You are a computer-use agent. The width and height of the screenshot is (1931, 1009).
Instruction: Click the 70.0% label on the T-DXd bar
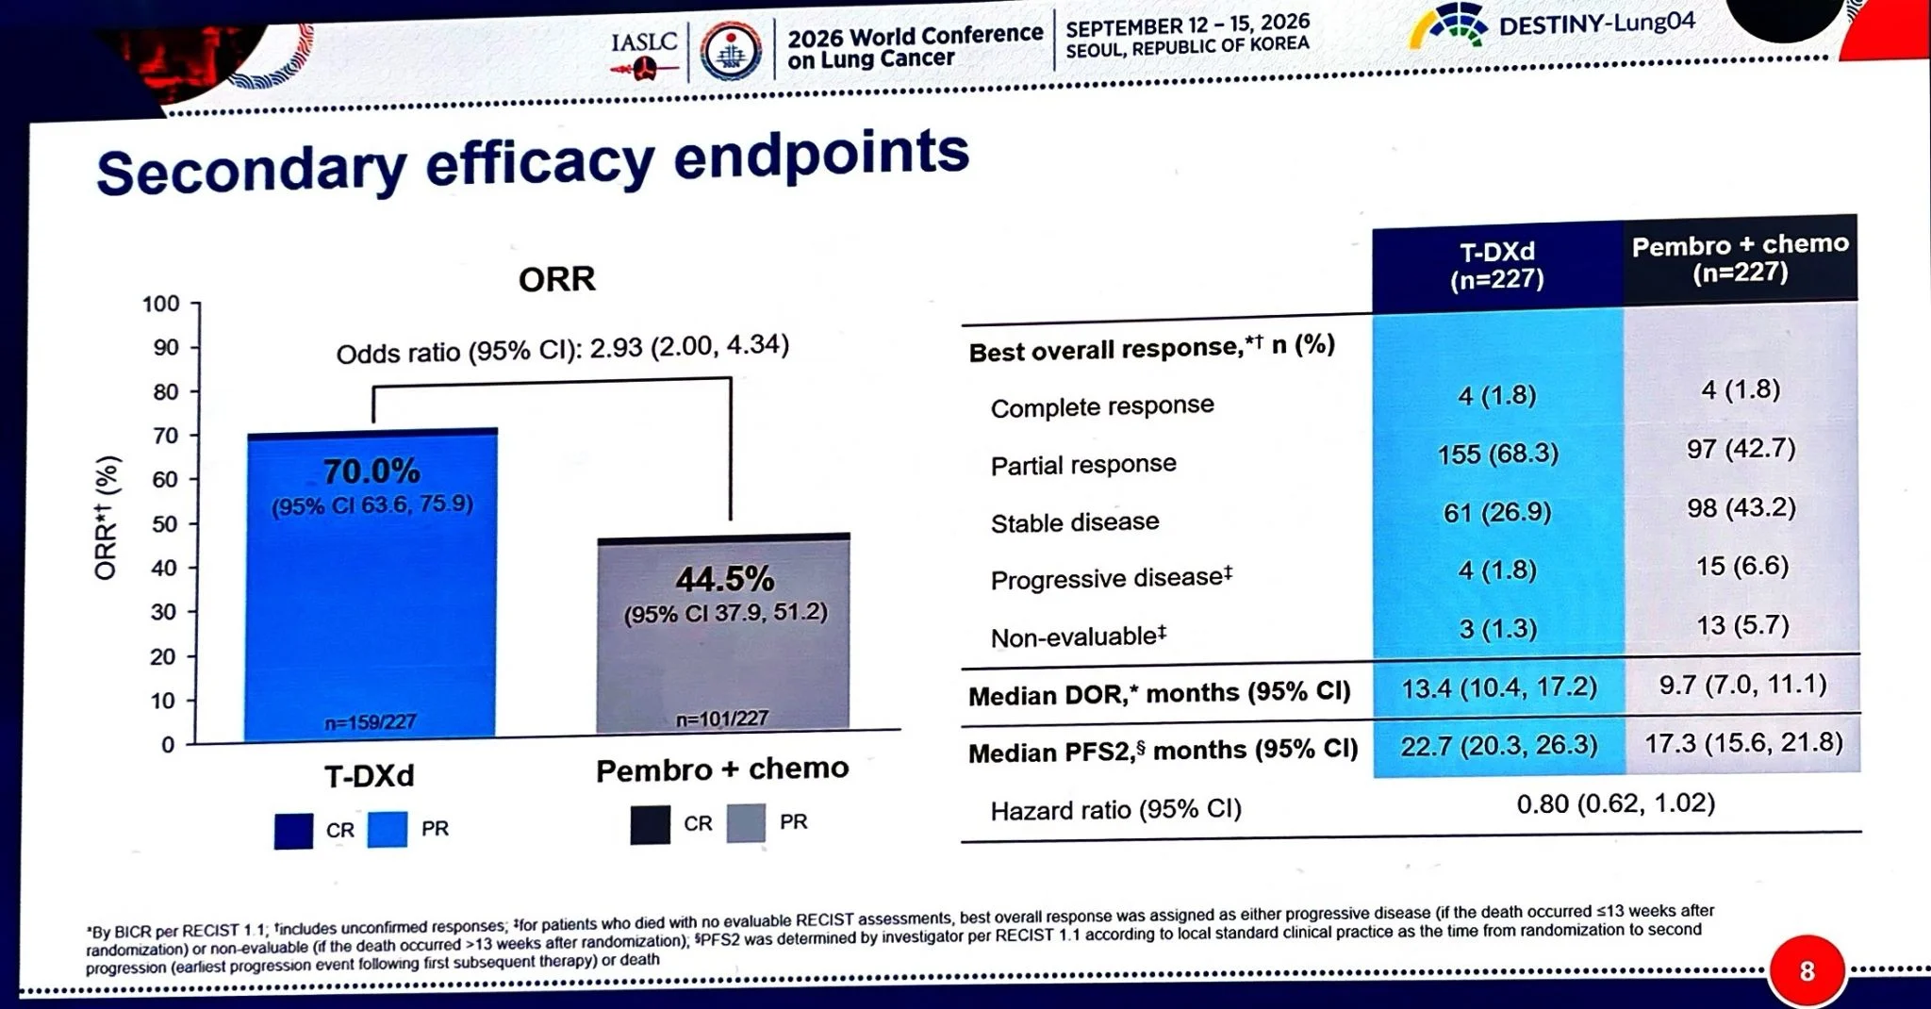pyautogui.click(x=371, y=471)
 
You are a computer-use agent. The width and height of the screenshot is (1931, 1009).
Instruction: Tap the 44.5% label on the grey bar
pyautogui.click(x=725, y=578)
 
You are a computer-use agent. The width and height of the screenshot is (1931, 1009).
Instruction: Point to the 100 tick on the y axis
pyautogui.click(x=160, y=304)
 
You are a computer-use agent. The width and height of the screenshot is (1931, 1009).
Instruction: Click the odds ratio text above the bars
pyautogui.click(x=563, y=349)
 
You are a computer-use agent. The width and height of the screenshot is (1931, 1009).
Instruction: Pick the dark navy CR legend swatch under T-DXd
pyautogui.click(x=293, y=831)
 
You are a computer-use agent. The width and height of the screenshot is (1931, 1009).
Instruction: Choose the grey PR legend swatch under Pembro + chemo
pyautogui.click(x=746, y=823)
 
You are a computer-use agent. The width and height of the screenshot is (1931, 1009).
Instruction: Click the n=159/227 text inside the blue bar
pyautogui.click(x=371, y=722)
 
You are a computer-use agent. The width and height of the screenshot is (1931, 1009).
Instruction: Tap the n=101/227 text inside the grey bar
pyautogui.click(x=722, y=719)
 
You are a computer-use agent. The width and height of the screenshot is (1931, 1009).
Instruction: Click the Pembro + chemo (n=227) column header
pyautogui.click(x=1741, y=258)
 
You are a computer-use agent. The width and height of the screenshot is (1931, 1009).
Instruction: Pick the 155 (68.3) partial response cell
pyautogui.click(x=1498, y=455)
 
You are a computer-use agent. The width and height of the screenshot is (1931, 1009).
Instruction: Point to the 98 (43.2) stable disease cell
pyautogui.click(x=1741, y=508)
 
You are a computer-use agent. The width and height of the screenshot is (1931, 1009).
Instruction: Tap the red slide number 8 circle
pyautogui.click(x=1807, y=971)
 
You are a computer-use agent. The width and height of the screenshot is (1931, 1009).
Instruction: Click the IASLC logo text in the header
pyautogui.click(x=644, y=42)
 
